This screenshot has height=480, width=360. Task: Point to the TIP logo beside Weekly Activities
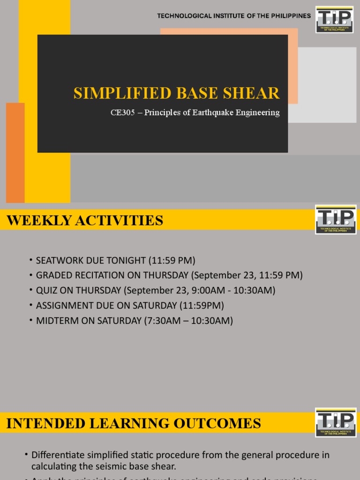tap(336, 219)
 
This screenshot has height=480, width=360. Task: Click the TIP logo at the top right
tap(335, 20)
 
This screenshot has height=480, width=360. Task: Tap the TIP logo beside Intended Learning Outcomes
tap(336, 423)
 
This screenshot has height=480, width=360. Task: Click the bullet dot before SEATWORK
tap(30, 260)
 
